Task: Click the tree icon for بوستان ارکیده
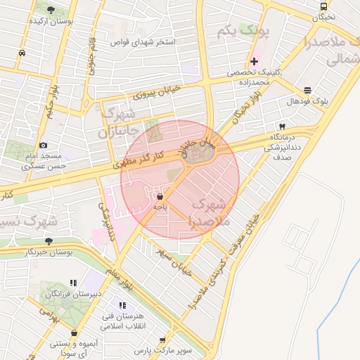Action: pyautogui.click(x=51, y=9)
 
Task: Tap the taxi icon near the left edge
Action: pyautogui.click(x=22, y=53)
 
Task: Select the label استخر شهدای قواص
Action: pyautogui.click(x=142, y=42)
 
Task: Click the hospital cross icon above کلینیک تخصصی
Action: pyautogui.click(x=254, y=61)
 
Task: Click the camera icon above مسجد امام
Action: pyautogui.click(x=44, y=145)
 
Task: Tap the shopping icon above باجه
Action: pyautogui.click(x=160, y=196)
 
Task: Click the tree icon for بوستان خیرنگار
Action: pyautogui.click(x=49, y=240)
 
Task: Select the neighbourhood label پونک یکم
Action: pyautogui.click(x=235, y=32)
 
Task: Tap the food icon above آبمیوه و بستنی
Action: pyautogui.click(x=72, y=333)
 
